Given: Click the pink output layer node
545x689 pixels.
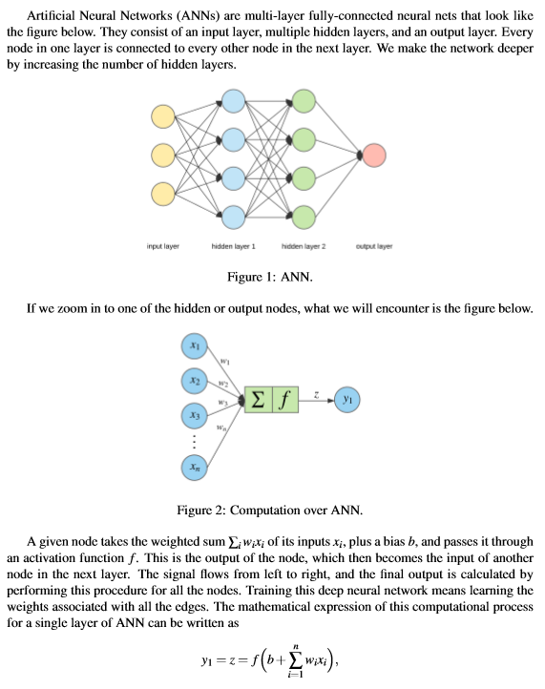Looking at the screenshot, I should [374, 154].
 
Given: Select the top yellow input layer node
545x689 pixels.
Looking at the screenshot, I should [163, 116].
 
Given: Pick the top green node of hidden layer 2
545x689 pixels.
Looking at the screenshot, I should [304, 100].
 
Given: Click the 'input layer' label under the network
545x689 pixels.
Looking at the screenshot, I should [163, 245].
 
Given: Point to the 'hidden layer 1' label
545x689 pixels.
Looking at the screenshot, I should [233, 245].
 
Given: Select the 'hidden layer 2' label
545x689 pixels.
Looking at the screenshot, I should [304, 245].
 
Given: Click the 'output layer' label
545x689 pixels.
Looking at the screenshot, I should [373, 245].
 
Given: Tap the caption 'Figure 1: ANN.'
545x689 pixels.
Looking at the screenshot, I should [272, 278].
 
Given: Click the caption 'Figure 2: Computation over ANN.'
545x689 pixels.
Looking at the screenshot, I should [272, 509].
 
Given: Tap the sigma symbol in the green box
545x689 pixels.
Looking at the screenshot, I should [259, 400].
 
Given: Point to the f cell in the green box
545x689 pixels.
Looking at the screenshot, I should [285, 400].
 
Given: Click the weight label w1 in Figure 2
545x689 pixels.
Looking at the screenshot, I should [225, 361].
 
